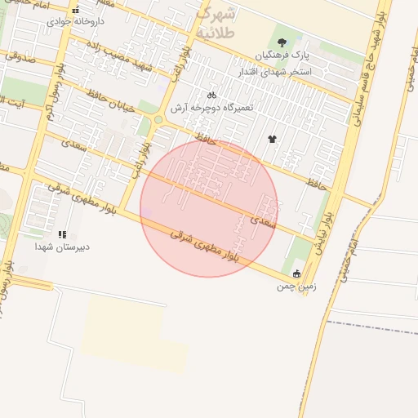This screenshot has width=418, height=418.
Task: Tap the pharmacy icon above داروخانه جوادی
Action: point(76,10)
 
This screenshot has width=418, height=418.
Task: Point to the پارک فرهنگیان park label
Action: point(282,55)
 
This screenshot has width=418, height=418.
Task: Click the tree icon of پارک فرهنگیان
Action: point(282,42)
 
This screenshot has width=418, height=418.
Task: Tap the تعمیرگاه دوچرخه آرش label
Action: point(213,108)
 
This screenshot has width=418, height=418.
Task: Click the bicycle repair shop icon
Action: point(211,95)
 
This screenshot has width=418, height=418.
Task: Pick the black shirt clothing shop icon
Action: point(272,138)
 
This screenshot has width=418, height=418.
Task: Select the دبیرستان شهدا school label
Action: point(62,246)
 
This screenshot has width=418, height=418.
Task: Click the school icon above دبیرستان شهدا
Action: point(63,234)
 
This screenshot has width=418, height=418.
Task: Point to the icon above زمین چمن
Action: point(296,273)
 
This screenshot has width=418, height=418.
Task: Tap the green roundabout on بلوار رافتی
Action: point(158,121)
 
